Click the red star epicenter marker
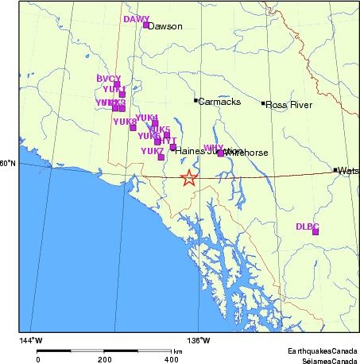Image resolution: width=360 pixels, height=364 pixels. coord(189,178)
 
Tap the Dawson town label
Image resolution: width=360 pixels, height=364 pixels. coord(166,26)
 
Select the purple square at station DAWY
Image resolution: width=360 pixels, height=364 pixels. coord(146,25)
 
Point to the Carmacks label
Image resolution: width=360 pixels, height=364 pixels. coord(215,102)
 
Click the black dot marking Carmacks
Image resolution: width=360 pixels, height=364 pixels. coord(195,100)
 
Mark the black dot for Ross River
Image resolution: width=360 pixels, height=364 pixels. coord(263,103)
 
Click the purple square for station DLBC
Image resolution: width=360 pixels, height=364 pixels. coord(315,231)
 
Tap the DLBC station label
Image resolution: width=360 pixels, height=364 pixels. coord(307,226)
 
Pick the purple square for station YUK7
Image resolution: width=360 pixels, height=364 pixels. coord(161,157)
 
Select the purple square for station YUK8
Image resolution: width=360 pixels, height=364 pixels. coord(133,127)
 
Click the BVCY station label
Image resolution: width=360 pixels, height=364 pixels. coord(108,79)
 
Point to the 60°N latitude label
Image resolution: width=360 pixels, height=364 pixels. coord(7,164)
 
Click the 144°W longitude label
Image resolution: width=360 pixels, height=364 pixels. coord(32,341)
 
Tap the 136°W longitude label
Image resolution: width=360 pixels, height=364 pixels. coord(199,341)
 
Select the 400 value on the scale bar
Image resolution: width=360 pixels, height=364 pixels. coord(171,359)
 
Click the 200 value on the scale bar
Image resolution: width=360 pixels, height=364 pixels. coord(104,359)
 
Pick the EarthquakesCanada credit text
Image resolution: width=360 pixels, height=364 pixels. coord(323,350)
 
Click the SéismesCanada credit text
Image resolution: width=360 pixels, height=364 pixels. coord(324,359)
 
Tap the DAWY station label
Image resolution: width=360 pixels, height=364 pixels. coord(137,19)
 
